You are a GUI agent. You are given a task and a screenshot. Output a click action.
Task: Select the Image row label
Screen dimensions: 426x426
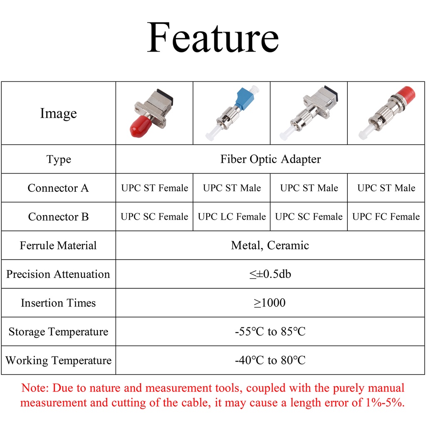tap(58, 113)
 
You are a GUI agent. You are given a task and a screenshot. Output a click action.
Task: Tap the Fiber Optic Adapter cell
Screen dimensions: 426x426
tap(270, 159)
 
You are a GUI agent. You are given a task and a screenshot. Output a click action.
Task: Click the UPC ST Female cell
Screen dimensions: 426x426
tap(154, 188)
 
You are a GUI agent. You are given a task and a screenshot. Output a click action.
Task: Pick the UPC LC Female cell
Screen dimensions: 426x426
tap(232, 217)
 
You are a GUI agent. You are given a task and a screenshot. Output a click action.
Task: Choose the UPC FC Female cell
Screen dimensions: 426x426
tap(386, 217)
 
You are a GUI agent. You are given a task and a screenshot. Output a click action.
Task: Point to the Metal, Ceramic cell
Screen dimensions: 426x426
tap(270, 245)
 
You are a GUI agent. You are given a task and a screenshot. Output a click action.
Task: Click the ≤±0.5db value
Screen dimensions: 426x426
tap(270, 274)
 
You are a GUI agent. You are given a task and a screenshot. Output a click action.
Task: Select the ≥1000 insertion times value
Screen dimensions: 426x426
tap(270, 303)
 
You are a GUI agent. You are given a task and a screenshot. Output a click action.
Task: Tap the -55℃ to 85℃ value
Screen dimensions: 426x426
tap(270, 332)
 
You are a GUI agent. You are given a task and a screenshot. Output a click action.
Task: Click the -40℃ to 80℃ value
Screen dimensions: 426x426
tap(270, 360)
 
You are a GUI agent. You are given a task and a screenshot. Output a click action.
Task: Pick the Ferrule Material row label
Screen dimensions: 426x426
tap(58, 245)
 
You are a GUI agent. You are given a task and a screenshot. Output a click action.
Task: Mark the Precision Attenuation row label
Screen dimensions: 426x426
tap(58, 274)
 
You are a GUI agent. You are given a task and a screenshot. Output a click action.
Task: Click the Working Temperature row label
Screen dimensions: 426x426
tap(58, 360)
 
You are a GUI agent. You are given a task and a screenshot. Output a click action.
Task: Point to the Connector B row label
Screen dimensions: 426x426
tap(58, 217)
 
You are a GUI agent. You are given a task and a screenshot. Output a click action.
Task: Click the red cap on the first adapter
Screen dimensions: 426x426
tap(140, 127)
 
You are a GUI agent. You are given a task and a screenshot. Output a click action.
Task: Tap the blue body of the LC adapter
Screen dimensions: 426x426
tap(242, 99)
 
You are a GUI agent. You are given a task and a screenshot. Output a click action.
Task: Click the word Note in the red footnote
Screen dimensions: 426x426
tap(35, 388)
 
